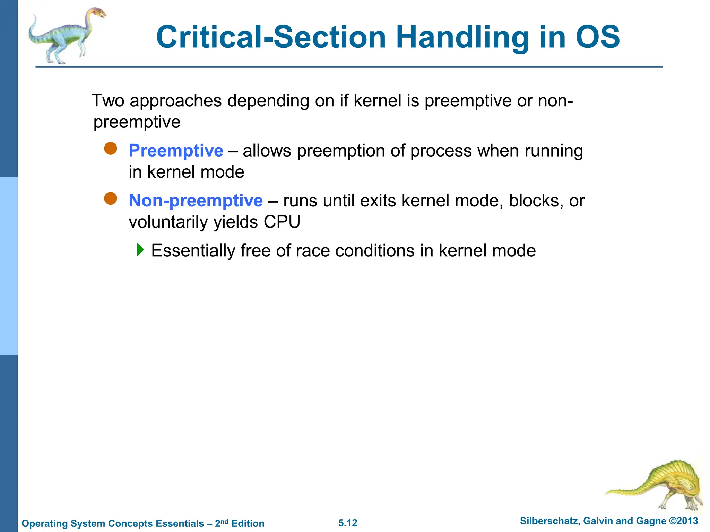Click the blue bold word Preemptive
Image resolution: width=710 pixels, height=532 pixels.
[x=176, y=151]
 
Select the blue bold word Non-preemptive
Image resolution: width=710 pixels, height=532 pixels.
[x=196, y=201]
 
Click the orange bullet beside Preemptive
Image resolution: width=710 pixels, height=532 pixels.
[x=111, y=149]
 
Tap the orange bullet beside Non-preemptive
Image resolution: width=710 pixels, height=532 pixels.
[x=111, y=198]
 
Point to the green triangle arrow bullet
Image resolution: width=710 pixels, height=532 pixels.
[x=140, y=249]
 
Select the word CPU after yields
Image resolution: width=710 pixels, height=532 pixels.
[x=282, y=222]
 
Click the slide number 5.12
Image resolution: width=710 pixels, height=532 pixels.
[x=348, y=523]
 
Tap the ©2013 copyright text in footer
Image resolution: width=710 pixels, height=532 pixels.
[x=683, y=521]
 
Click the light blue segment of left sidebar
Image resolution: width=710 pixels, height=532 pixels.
[x=9, y=266]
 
